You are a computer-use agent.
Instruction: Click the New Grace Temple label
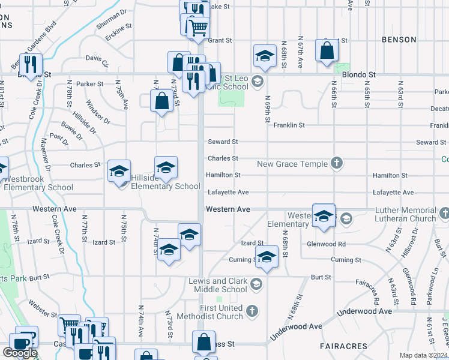pyautogui.click(x=292, y=164)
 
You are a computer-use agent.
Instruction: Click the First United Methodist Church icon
pyautogui.click(x=253, y=311)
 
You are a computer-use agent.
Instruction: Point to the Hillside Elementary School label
pyautogui.click(x=166, y=186)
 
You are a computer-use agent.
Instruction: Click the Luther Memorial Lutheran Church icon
pyautogui.click(x=444, y=212)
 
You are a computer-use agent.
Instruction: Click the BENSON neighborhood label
pyautogui.click(x=399, y=40)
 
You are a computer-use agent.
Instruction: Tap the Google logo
pyautogui.click(x=20, y=353)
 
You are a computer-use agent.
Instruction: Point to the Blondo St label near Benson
pyautogui.click(x=358, y=75)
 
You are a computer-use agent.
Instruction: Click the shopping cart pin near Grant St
pyautogui.click(x=198, y=27)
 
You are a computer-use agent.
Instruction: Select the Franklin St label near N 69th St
pyautogui.click(x=289, y=125)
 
